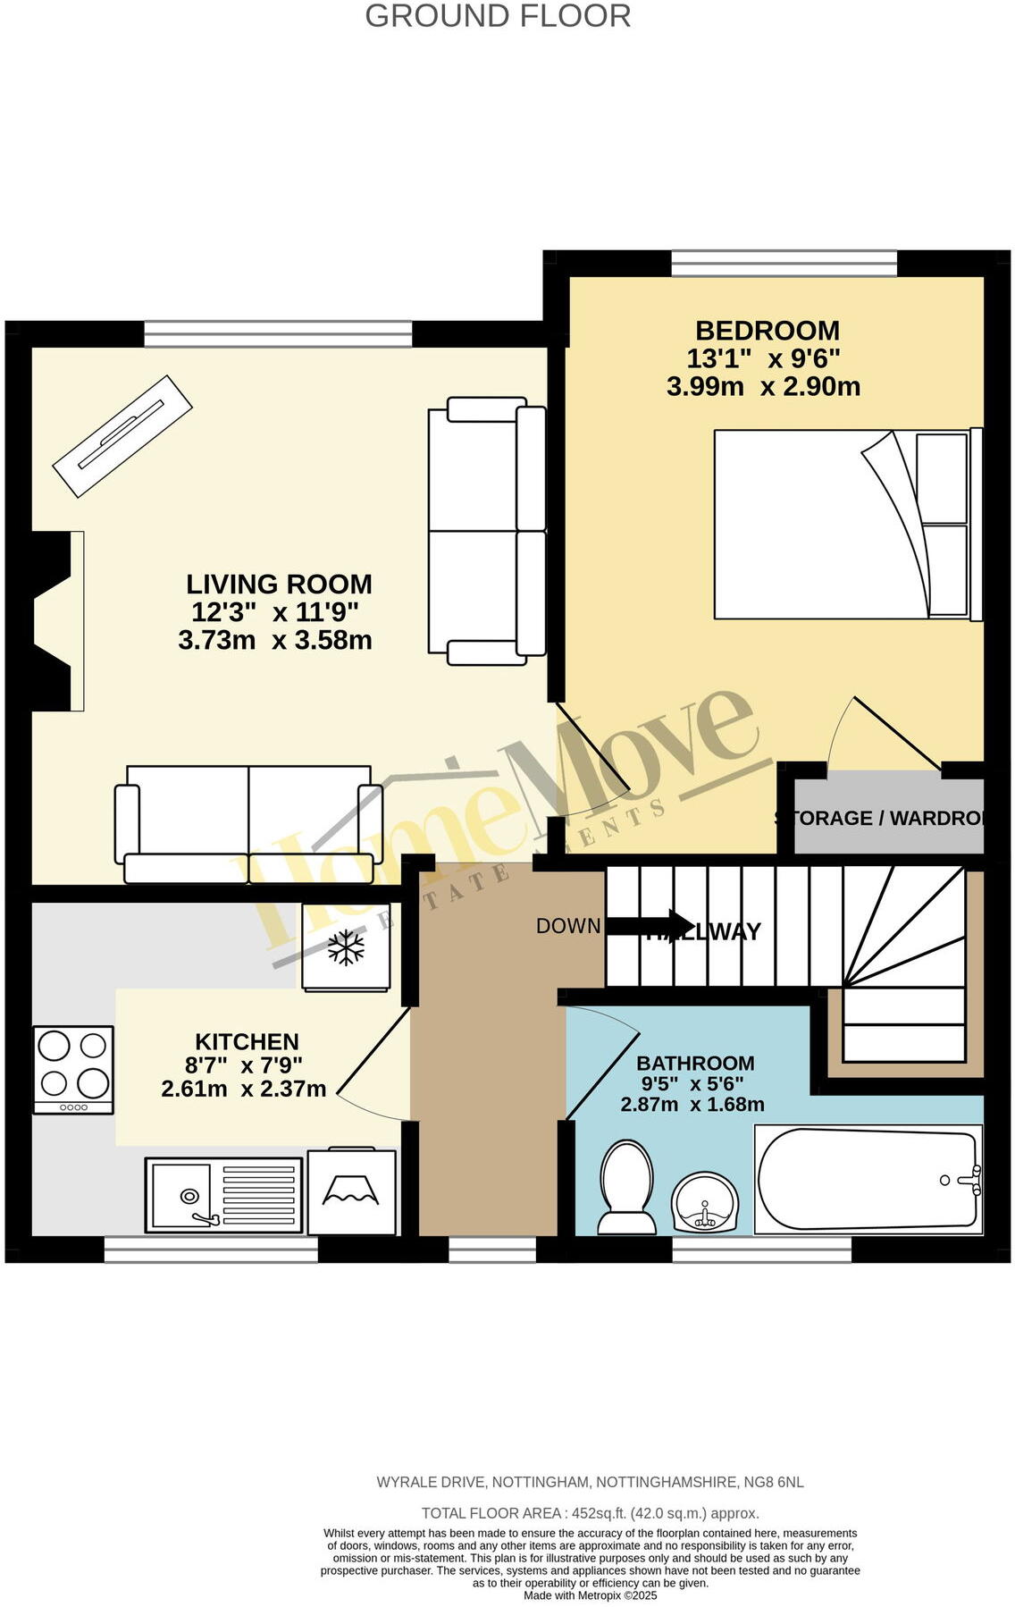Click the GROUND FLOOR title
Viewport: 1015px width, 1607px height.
click(x=498, y=16)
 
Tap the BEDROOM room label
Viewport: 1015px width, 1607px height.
click(x=767, y=331)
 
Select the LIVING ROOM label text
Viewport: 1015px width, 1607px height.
click(x=279, y=585)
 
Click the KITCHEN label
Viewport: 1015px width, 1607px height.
click(x=247, y=1042)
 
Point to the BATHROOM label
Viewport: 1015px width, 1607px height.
click(x=695, y=1064)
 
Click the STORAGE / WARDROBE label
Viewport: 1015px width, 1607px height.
click(x=880, y=818)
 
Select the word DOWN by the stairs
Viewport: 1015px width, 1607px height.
click(x=568, y=926)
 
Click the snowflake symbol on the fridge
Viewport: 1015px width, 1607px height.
click(x=346, y=947)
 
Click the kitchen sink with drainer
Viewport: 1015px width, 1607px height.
click(x=223, y=1194)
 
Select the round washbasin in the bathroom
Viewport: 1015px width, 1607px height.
click(x=705, y=1203)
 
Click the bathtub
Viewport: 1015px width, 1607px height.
click(x=868, y=1180)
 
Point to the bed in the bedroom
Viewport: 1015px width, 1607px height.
click(x=844, y=525)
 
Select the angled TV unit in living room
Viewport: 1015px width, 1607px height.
click(x=123, y=435)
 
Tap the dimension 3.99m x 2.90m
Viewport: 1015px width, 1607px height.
click(x=763, y=387)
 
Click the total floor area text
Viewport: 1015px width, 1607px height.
click(x=590, y=1513)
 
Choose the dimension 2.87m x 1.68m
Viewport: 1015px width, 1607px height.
click(x=692, y=1105)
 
